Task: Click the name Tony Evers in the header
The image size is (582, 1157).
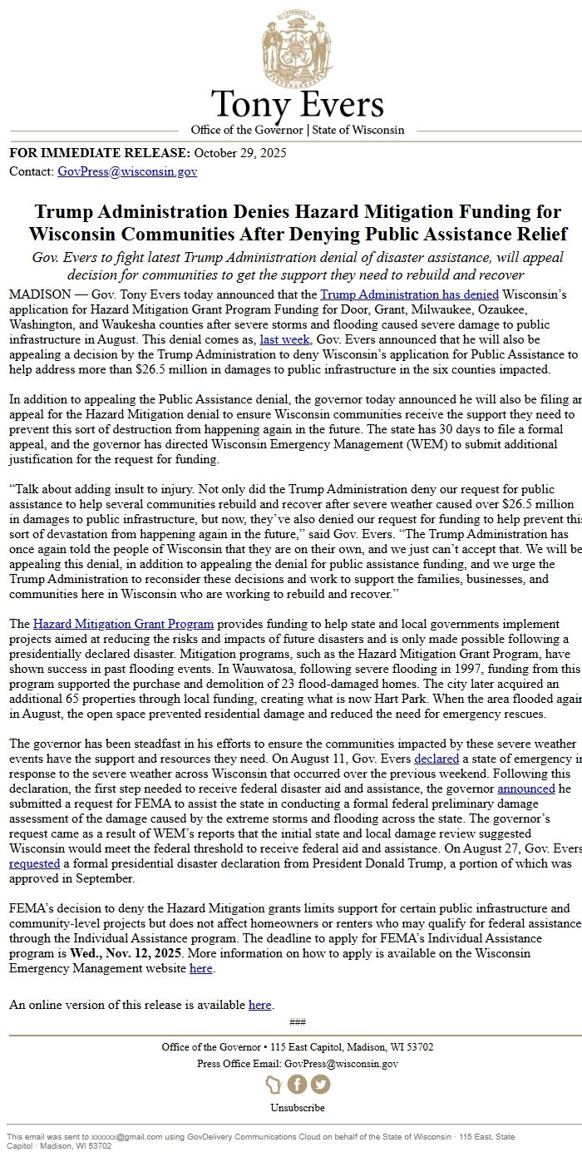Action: (297, 106)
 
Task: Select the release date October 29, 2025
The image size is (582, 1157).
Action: (240, 153)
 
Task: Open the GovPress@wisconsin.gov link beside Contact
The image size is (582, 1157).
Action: (127, 172)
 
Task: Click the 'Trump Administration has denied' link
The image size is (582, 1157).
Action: (409, 294)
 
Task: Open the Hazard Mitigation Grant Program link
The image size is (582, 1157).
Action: (123, 624)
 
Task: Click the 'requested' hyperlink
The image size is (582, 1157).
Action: (34, 863)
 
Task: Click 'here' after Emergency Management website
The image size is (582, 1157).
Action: (201, 968)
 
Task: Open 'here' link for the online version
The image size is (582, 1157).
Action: (259, 1005)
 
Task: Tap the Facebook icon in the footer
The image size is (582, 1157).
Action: (297, 1085)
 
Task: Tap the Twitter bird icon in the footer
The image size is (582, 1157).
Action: (320, 1085)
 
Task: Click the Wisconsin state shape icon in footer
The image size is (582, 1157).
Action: (274, 1085)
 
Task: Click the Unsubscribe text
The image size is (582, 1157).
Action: (297, 1108)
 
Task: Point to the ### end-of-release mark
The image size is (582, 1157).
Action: (297, 1022)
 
